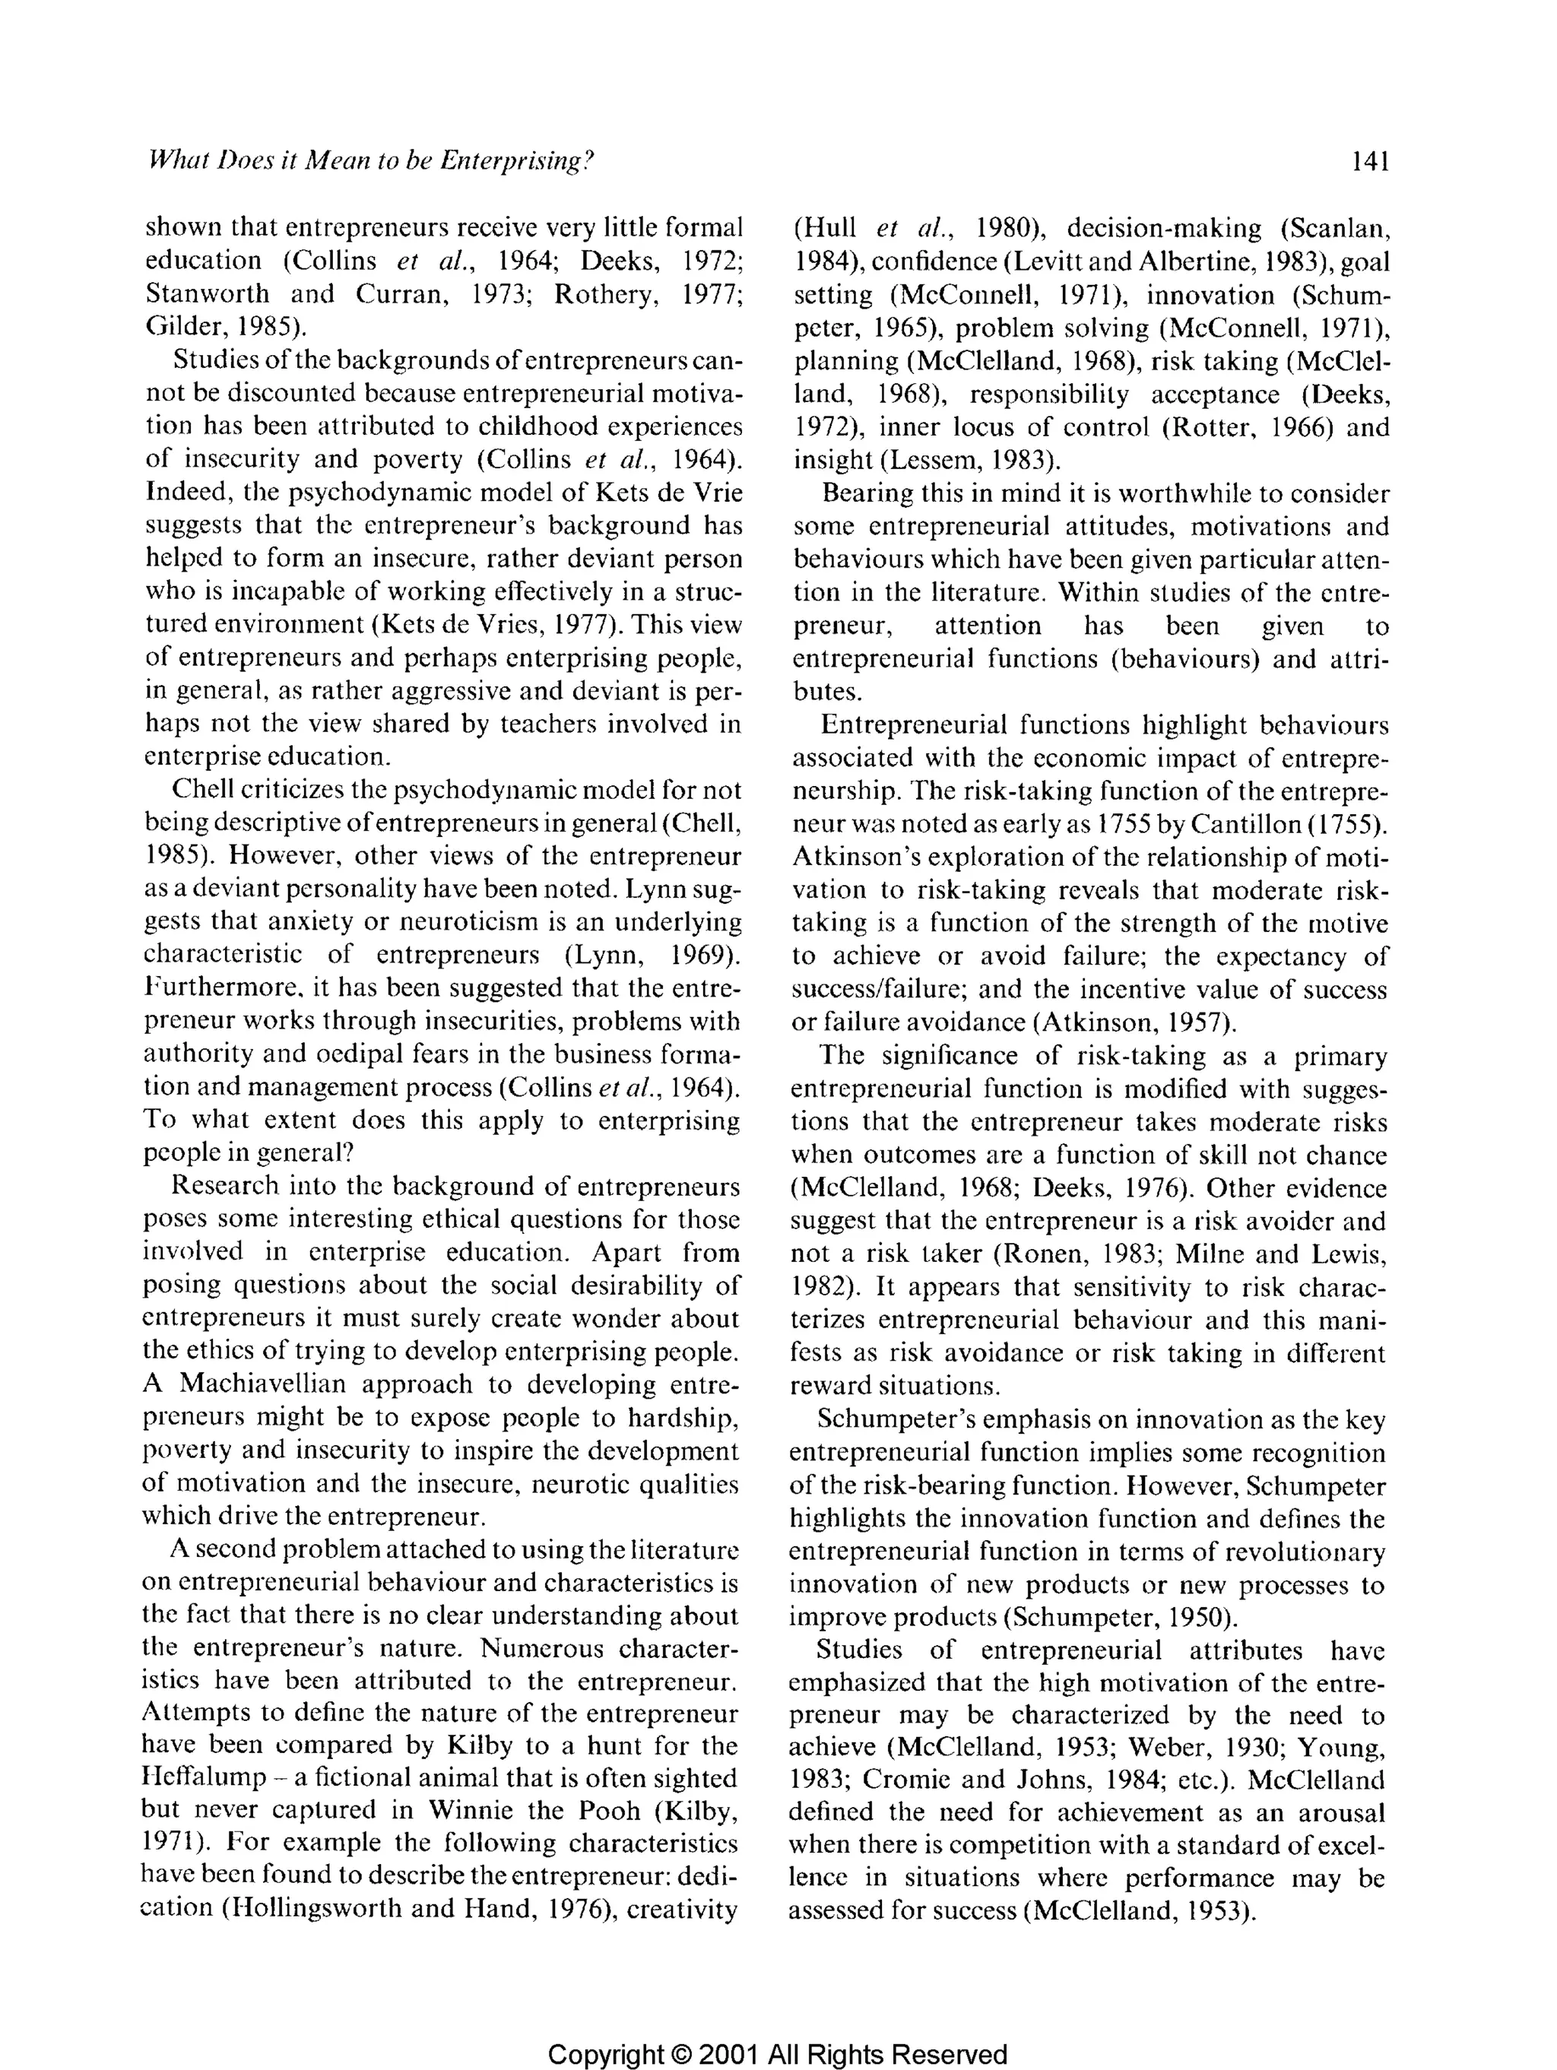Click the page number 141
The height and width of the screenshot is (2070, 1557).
pyautogui.click(x=1370, y=162)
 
